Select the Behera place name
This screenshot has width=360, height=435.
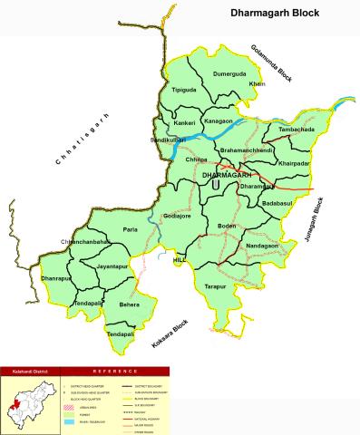[x=129, y=306]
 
